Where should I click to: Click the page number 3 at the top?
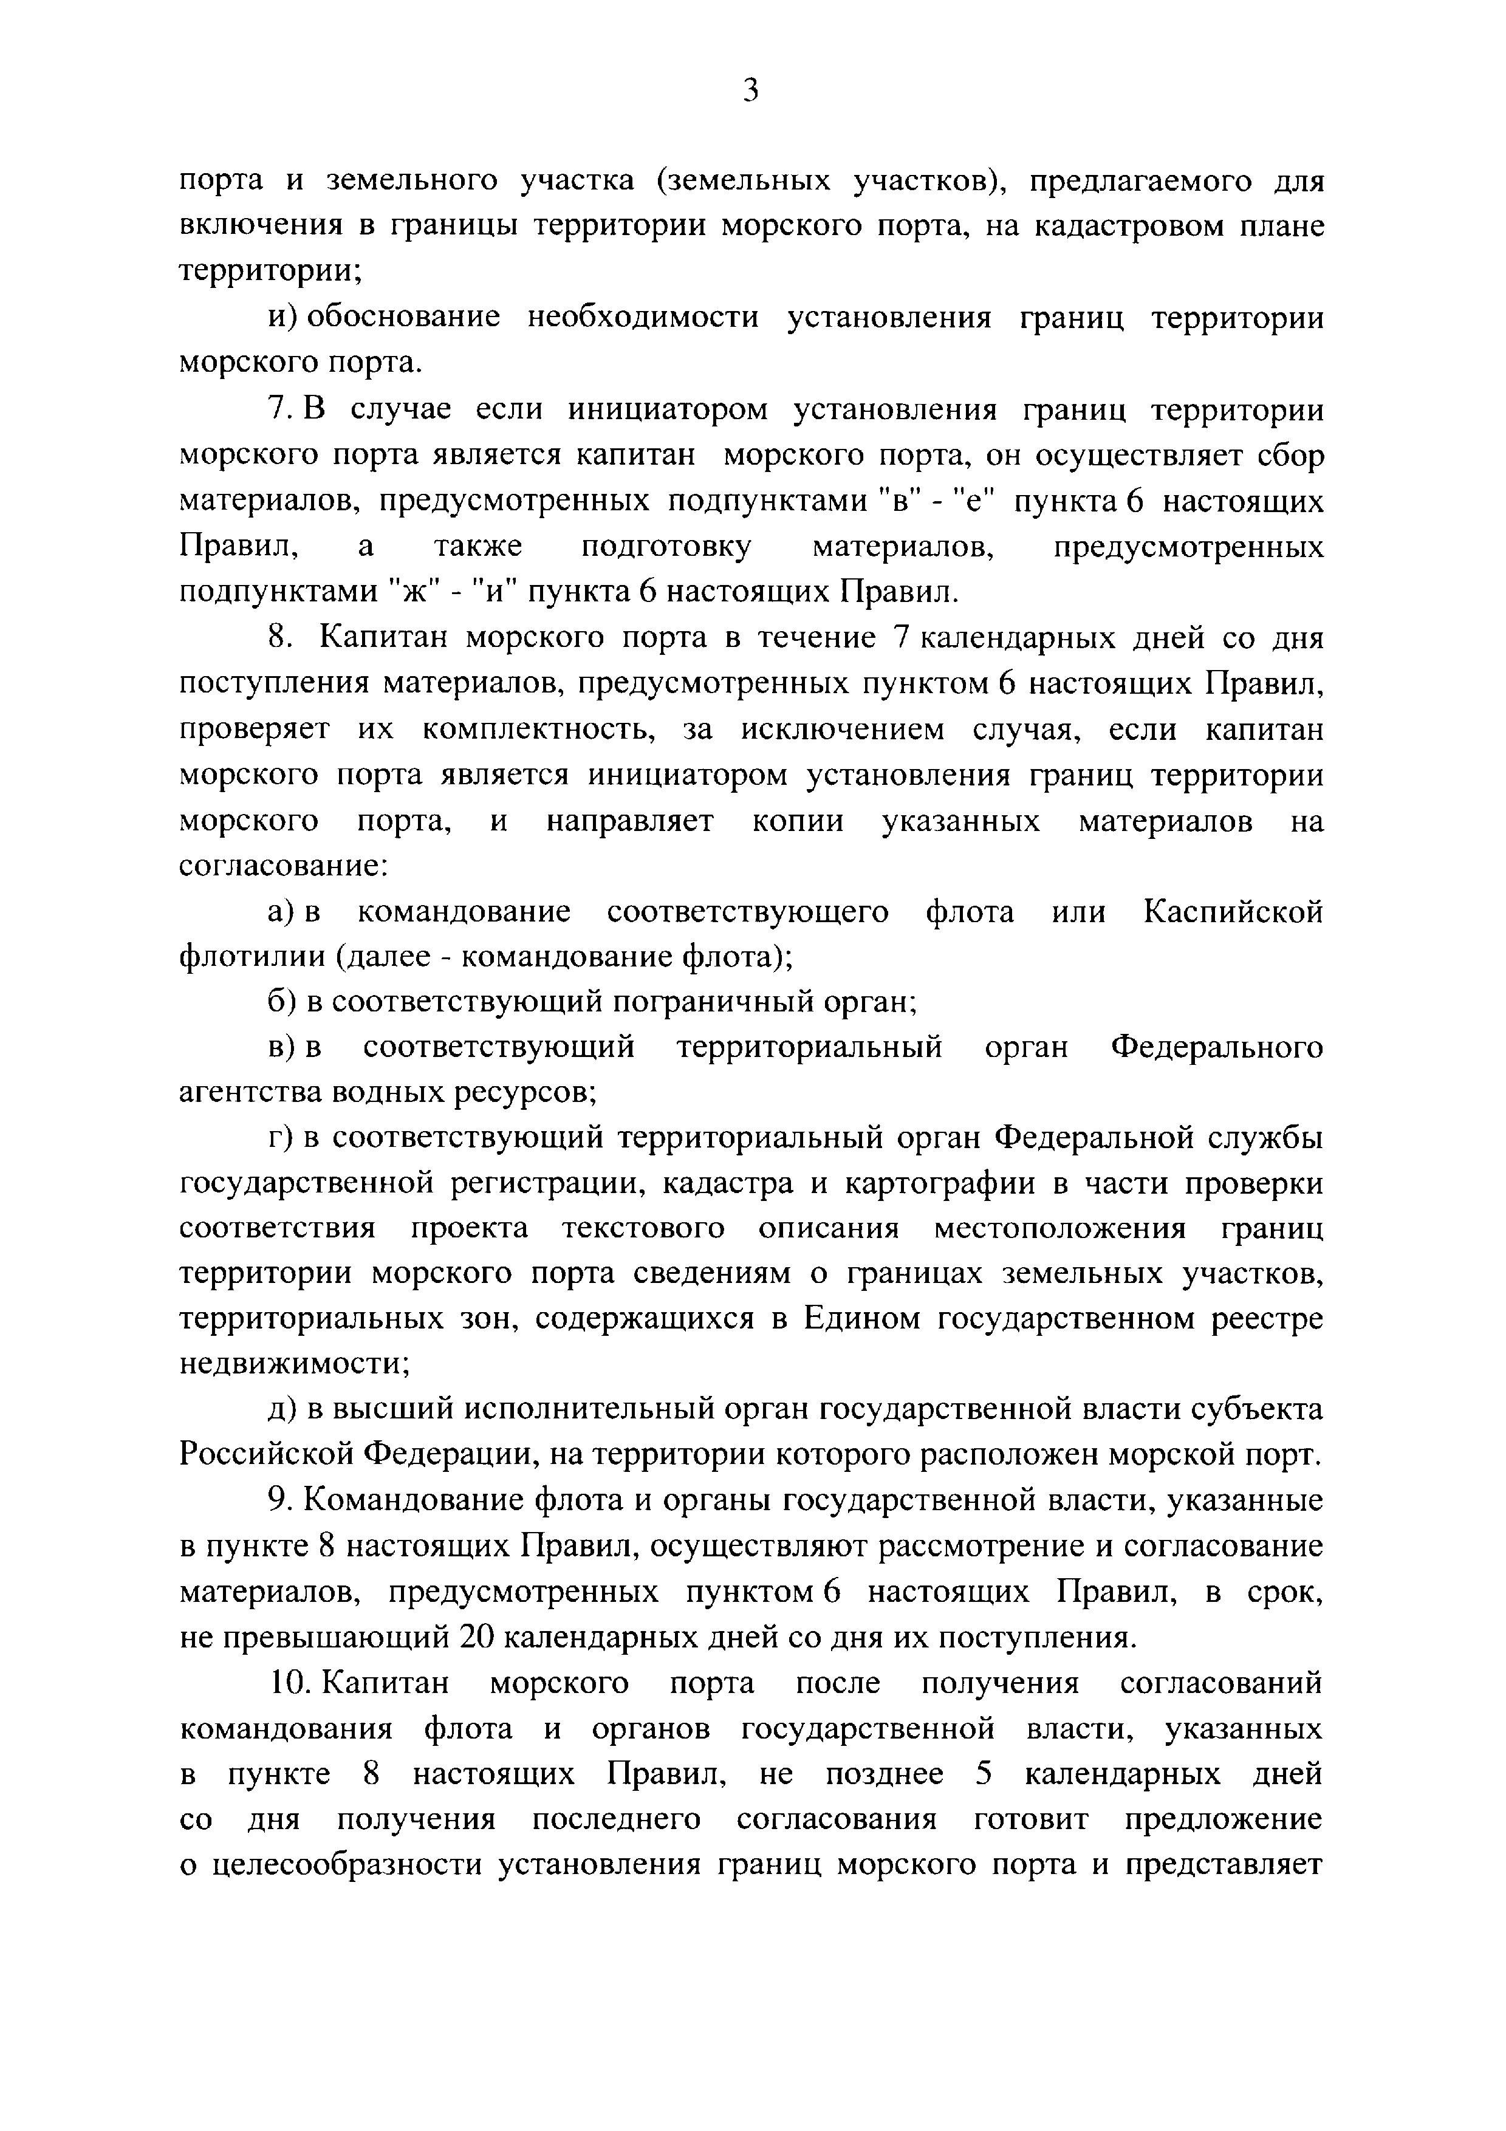point(751,91)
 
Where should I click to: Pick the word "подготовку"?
point(666,547)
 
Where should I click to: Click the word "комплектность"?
point(539,730)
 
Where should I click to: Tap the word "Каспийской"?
point(1232,912)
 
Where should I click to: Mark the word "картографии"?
point(979,1185)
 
